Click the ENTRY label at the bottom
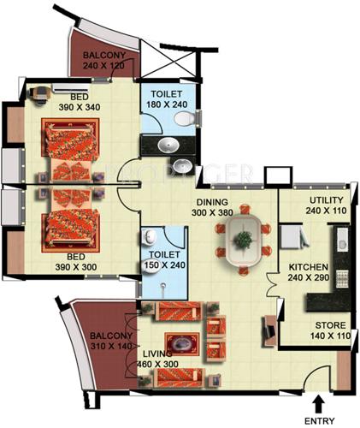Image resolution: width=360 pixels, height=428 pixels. pos(319,420)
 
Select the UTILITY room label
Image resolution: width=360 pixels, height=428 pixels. pos(327,201)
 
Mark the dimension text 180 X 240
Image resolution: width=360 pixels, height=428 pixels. pos(169,104)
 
